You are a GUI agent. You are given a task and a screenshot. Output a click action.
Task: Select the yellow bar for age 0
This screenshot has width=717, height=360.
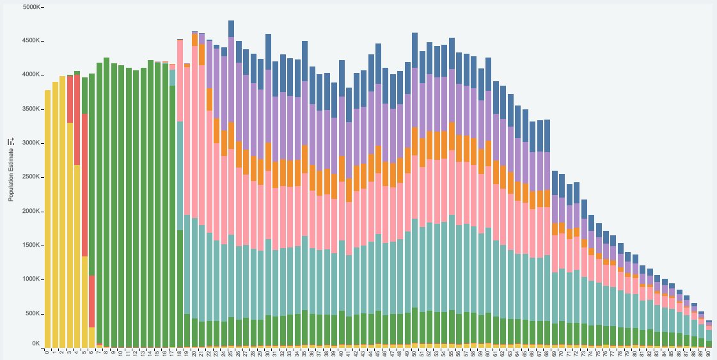47,217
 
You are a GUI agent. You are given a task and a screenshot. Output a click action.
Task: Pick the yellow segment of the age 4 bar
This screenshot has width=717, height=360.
77,256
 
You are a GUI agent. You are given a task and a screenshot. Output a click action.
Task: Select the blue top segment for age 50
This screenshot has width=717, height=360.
415,50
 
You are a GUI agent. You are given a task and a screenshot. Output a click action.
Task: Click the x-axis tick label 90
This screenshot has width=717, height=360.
708,352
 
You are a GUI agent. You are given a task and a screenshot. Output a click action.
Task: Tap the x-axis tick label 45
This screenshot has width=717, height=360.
378,352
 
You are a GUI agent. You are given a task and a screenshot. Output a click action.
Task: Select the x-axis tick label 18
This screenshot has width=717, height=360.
180,352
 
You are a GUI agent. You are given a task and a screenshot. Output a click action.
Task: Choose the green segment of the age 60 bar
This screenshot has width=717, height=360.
489,329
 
